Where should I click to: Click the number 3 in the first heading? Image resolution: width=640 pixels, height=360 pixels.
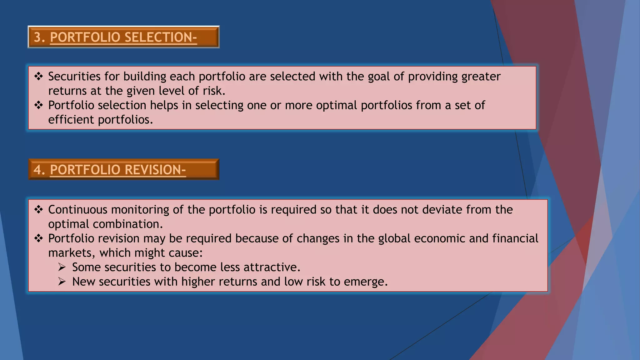point(38,37)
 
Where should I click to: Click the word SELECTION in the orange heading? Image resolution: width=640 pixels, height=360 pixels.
point(161,37)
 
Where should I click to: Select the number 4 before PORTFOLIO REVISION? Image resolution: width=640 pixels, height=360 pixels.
point(38,170)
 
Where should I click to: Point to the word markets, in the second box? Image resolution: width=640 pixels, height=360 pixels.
point(72,253)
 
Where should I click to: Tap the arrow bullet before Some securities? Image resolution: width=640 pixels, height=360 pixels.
point(62,267)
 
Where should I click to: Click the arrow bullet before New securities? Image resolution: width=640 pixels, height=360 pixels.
point(62,282)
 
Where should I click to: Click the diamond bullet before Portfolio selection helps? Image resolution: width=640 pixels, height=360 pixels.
point(38,105)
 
